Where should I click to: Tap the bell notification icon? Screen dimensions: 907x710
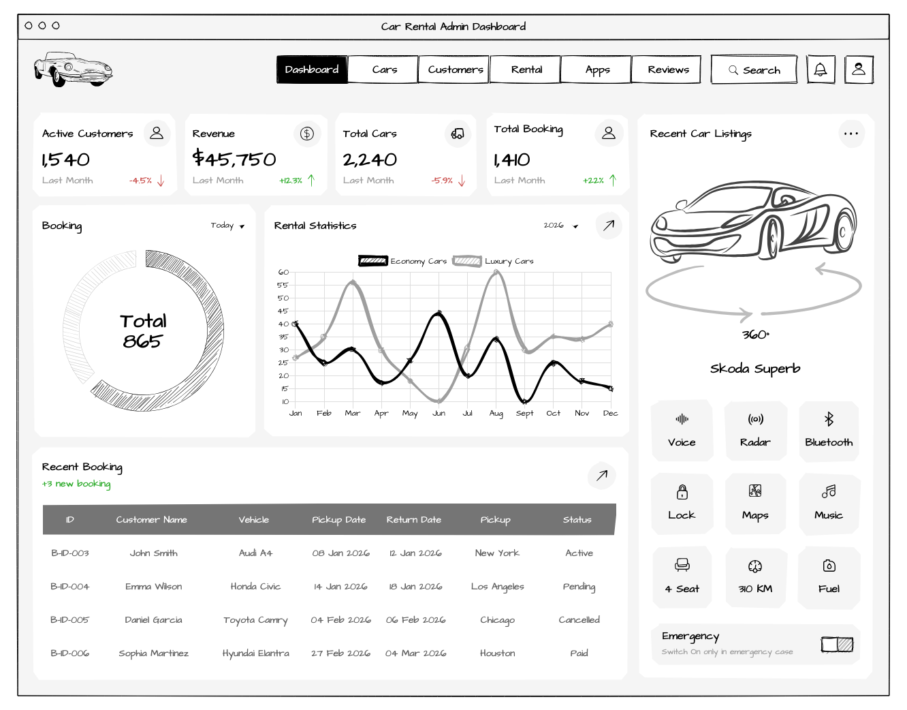pos(821,70)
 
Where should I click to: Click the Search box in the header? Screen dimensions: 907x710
pos(754,70)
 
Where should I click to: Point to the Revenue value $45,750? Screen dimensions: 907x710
pos(234,159)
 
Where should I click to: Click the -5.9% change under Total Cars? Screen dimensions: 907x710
pos(442,181)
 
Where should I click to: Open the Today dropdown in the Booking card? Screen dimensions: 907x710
pos(227,226)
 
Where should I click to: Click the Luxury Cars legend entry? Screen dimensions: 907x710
pos(494,261)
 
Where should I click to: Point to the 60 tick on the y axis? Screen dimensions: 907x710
pos(283,273)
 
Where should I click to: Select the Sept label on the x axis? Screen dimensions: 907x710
pos(525,413)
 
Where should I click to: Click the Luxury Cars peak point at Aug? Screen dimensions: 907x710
pos(496,273)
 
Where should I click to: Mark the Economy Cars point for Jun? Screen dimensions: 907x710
pos(439,313)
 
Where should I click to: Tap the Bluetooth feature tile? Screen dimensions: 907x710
pos(829,431)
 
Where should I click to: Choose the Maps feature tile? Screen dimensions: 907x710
pos(755,504)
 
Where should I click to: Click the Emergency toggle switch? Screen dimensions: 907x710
pos(837,644)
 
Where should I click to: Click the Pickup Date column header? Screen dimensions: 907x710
pos(338,519)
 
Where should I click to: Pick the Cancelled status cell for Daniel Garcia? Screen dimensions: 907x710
pos(579,620)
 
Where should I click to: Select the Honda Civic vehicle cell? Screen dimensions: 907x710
pos(255,587)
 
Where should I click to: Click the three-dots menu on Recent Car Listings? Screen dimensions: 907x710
pos(851,134)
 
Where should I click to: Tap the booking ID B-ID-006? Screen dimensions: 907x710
pos(69,653)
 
